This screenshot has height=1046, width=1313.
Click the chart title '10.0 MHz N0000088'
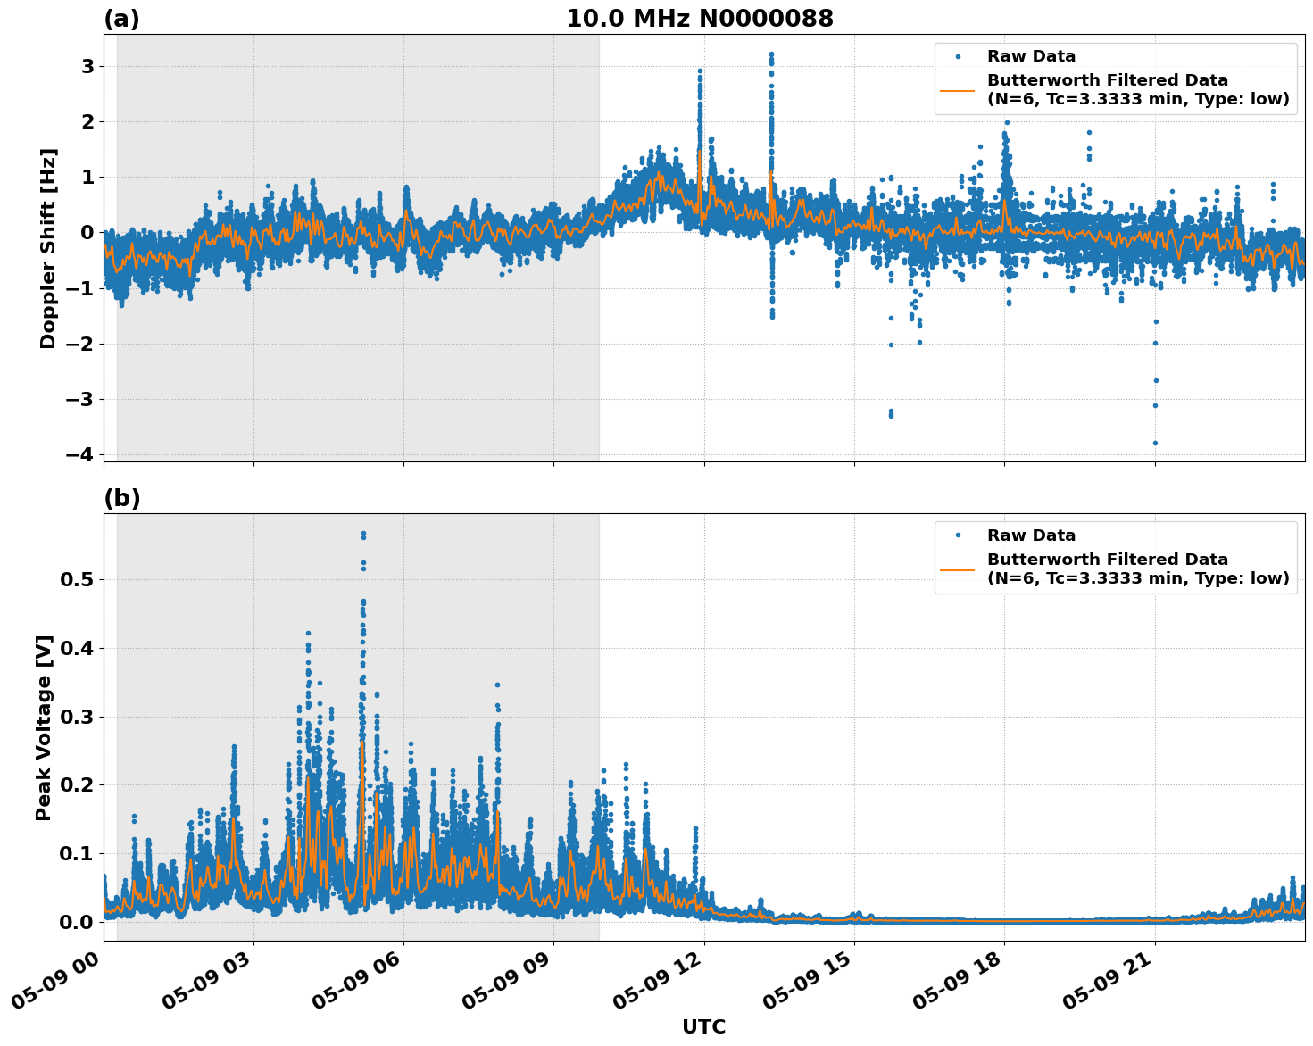[700, 19]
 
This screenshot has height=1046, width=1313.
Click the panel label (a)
[121, 19]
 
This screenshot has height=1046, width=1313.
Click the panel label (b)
[121, 498]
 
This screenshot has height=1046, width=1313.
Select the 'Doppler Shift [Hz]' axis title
[48, 248]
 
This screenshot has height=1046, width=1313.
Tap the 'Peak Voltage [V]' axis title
[44, 727]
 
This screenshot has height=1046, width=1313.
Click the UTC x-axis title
[703, 1026]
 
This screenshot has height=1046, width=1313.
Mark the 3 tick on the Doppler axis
[87, 66]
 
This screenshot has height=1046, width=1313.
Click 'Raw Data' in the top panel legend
[1031, 56]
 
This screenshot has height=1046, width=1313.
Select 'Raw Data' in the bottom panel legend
[1031, 535]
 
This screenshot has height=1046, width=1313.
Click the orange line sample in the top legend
[957, 90]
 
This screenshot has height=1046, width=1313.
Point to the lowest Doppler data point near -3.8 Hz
[1155, 443]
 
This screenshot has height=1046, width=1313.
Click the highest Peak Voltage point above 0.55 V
[363, 534]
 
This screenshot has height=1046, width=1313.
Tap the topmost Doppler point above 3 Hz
[771, 54]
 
